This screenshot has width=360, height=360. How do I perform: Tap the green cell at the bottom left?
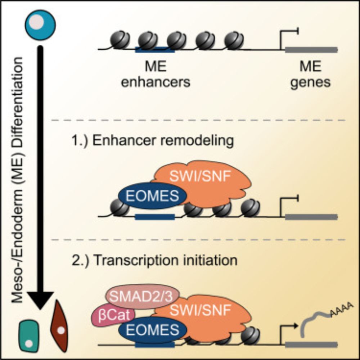pyautogui.click(x=29, y=335)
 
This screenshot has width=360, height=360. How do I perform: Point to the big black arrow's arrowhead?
pyautogui.click(x=41, y=297)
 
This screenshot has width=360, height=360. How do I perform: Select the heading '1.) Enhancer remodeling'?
pyautogui.click(x=152, y=141)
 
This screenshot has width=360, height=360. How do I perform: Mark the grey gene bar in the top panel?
pyautogui.click(x=311, y=49)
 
